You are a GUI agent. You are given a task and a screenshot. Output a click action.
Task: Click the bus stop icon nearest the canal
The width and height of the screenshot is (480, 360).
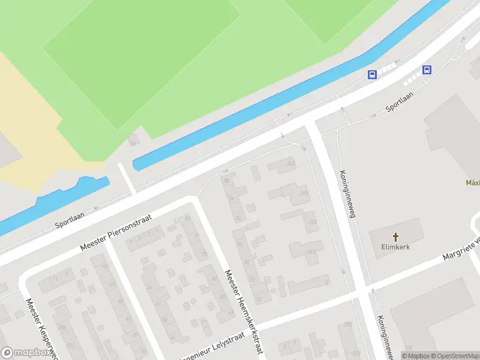(372, 75)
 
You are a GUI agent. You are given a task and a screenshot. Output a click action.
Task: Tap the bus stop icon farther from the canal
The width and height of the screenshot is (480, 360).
(427, 70)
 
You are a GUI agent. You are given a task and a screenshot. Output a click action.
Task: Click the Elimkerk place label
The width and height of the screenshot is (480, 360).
(395, 247)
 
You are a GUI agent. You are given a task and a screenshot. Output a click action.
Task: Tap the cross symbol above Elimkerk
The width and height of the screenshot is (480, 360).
(395, 237)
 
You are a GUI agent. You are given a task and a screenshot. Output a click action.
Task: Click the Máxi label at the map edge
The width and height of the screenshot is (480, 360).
(473, 182)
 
